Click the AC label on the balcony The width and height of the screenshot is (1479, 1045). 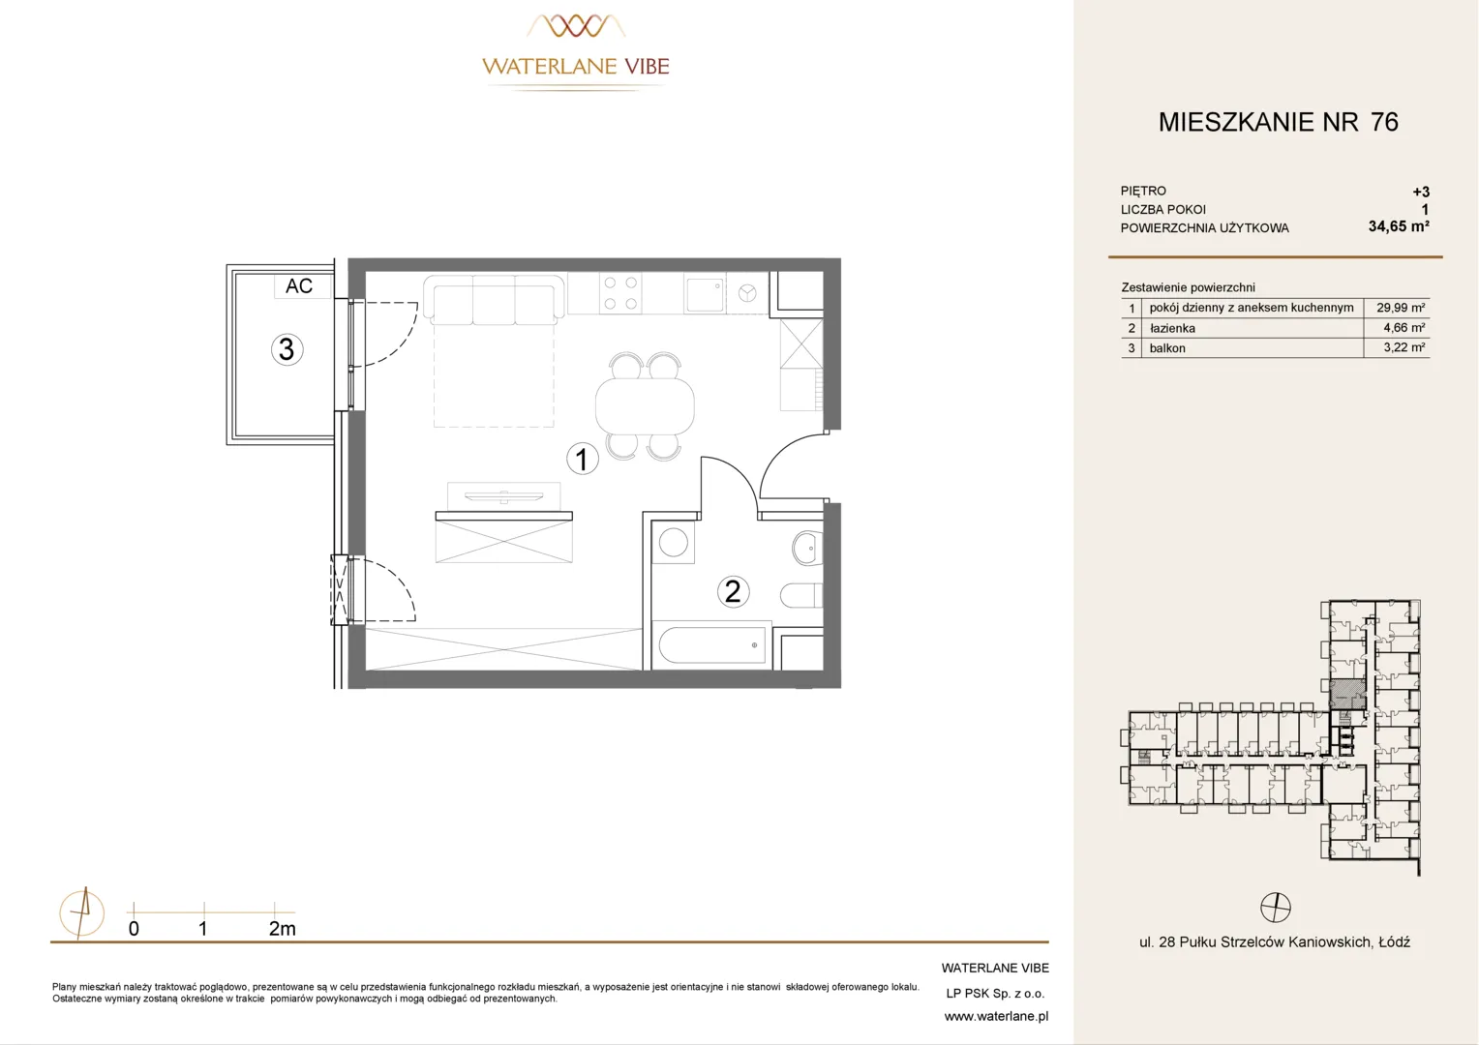coord(299,285)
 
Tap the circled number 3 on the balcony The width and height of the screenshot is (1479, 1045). coord(287,349)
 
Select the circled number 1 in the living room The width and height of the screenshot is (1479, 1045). coord(583,459)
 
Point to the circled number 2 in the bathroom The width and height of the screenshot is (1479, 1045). coord(733,591)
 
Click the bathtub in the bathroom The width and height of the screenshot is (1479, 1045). coord(712,645)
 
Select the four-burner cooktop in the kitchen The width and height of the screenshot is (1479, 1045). coord(620,293)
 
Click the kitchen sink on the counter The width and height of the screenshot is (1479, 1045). coord(705,294)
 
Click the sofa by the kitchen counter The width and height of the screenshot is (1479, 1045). coord(494,300)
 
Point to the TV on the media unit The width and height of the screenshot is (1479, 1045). coord(503,495)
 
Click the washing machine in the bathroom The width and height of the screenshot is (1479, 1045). coord(674,543)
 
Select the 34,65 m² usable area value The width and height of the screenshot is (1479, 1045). coord(1399,226)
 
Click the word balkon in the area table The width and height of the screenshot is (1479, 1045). coord(1167,348)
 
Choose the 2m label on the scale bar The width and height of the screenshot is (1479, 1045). coord(282,929)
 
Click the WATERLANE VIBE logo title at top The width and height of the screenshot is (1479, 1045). coord(576,66)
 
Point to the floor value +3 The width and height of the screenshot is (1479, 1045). coord(1421,193)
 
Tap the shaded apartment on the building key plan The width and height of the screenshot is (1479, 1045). coord(1347,695)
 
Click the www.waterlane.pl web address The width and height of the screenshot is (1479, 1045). coord(996,1017)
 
